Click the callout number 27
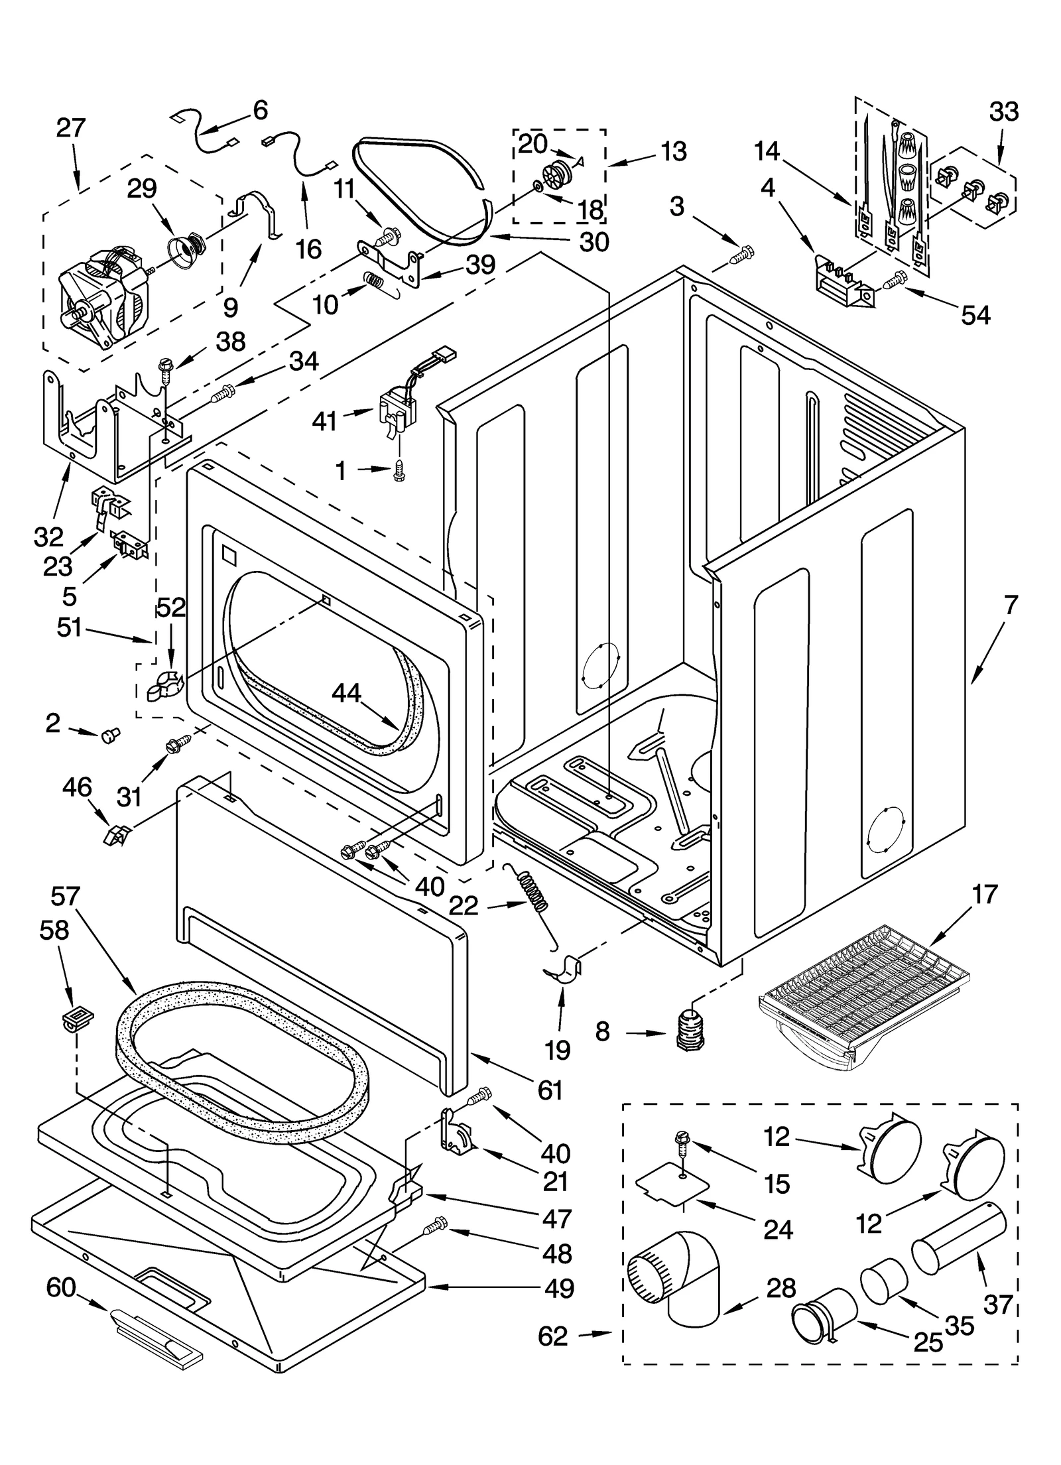[x=70, y=127]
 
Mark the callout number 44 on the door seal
[x=346, y=693]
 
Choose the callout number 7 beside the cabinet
[x=1009, y=605]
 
